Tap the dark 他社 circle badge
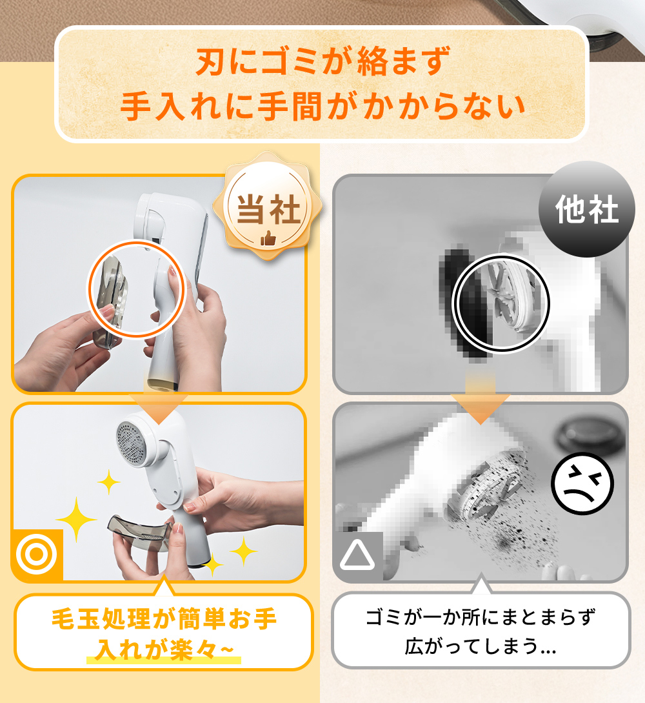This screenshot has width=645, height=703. (587, 209)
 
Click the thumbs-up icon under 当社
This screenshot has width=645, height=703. (268, 238)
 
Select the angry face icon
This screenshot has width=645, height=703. (582, 484)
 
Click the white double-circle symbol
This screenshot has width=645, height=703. (37, 555)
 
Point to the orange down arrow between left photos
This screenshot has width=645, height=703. (159, 407)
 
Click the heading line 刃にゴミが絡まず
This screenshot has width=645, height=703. (322, 61)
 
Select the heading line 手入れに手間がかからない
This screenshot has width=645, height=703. (322, 107)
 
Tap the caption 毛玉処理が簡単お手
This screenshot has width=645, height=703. (164, 620)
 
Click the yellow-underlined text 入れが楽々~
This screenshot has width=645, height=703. (164, 649)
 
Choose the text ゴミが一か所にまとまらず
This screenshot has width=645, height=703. (481, 617)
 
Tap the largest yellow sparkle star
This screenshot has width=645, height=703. (76, 519)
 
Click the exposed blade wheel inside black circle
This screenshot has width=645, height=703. (511, 300)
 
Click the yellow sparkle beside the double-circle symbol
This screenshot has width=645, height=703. (76, 519)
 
